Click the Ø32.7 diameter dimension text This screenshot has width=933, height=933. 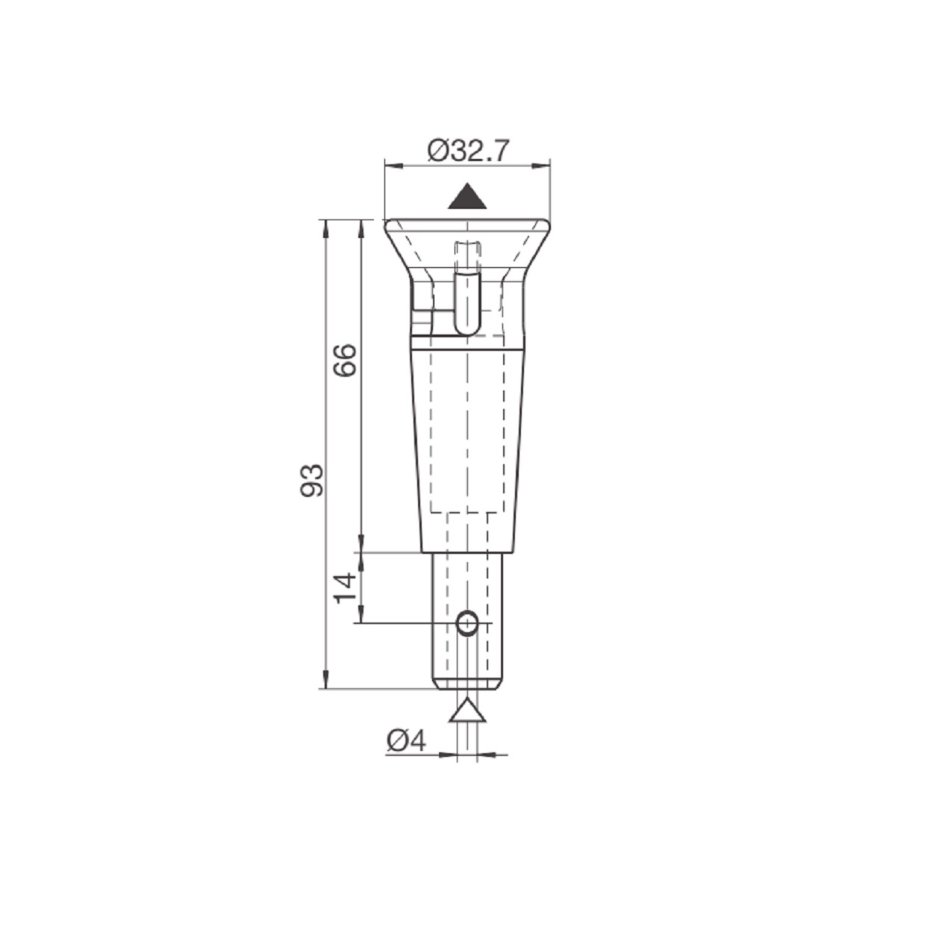(468, 151)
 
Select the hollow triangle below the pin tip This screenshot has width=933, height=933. (467, 711)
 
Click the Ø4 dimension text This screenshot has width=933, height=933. (407, 741)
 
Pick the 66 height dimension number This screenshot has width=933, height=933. (345, 361)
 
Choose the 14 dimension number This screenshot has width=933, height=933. (345, 587)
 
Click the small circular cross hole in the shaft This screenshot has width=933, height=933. (467, 622)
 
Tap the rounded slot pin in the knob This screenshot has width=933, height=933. (466, 302)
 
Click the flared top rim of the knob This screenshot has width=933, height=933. (467, 224)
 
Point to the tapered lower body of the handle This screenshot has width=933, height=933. (467, 448)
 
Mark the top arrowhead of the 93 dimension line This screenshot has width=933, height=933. (325, 227)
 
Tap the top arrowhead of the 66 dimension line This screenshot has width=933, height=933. (361, 227)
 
